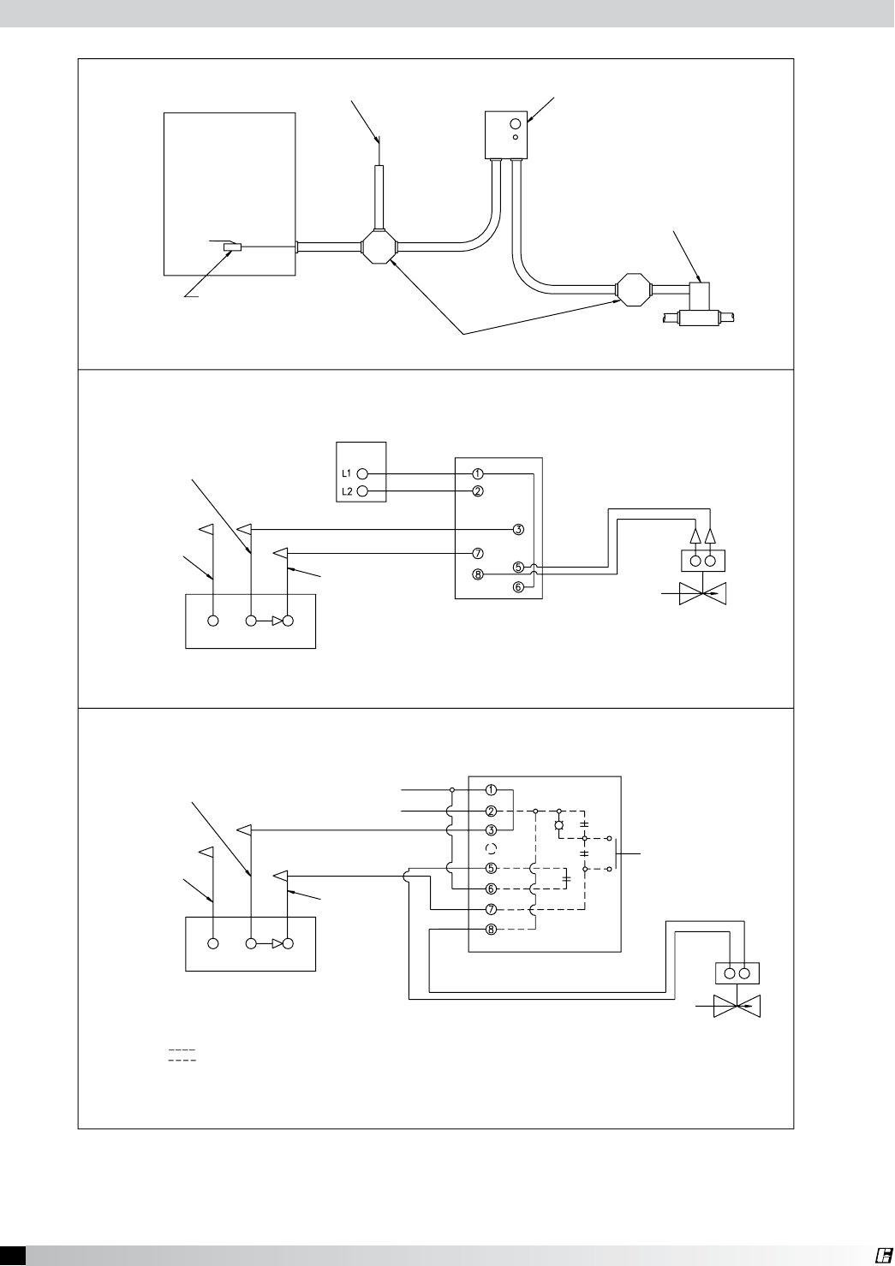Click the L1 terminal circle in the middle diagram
362,473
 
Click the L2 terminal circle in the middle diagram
362,491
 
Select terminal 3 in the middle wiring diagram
518,529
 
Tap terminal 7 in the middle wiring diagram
478,553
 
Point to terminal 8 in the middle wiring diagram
478,574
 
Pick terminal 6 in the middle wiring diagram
518,587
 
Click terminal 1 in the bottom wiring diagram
491,789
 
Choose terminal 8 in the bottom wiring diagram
491,929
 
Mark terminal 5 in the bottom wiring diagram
491,868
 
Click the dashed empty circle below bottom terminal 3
491,849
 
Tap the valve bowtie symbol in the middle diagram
702,593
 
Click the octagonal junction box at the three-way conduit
378,247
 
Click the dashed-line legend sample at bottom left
182,1055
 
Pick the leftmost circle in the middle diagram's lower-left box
213,621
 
